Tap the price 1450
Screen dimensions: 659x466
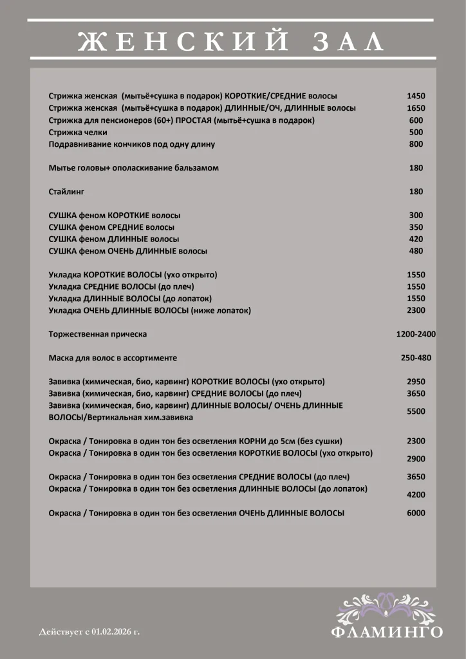click(x=416, y=96)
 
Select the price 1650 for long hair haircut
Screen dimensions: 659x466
click(x=416, y=108)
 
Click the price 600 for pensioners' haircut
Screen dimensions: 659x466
click(x=416, y=120)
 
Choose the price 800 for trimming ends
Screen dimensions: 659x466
click(x=416, y=144)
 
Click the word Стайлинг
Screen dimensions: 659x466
click(x=67, y=192)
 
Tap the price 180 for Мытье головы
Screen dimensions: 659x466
click(x=416, y=168)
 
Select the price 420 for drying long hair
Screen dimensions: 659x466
click(x=416, y=239)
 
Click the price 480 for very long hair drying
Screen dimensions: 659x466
click(x=416, y=251)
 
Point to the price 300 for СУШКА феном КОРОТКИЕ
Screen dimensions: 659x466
click(x=416, y=216)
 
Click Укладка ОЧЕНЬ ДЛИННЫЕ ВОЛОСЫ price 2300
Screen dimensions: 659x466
click(x=416, y=311)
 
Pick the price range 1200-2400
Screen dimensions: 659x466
click(x=416, y=335)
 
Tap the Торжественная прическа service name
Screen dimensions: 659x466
click(x=98, y=335)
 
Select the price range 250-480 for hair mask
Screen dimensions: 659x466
click(x=416, y=358)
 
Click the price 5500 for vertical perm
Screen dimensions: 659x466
click(x=416, y=411)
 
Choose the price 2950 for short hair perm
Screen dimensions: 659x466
click(x=416, y=382)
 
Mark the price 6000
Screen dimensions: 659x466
click(x=416, y=513)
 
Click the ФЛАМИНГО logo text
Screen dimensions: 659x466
click(x=387, y=632)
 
